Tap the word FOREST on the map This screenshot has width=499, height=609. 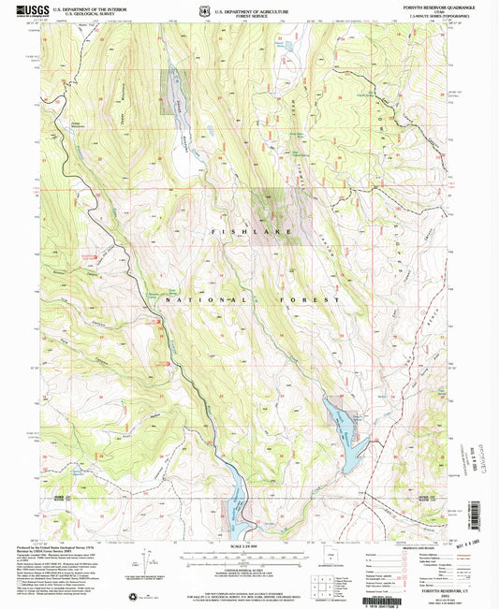[308, 299]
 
